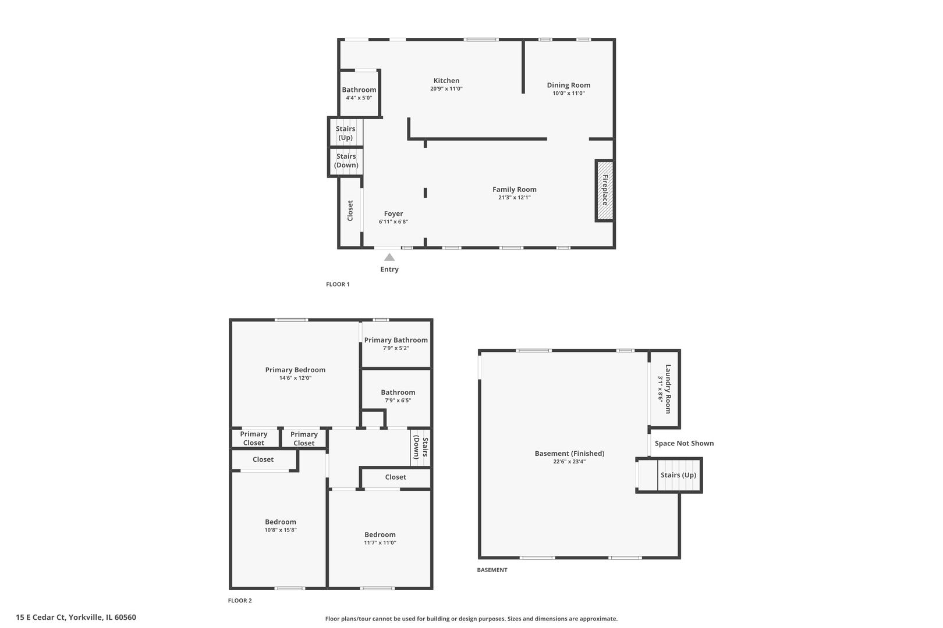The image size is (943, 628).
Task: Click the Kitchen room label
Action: tap(446, 81)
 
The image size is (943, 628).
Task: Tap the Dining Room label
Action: tap(568, 85)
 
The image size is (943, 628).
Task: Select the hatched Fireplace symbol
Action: tap(604, 190)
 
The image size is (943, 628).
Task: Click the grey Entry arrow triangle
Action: tap(389, 257)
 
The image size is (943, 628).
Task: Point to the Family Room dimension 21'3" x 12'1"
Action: tap(514, 198)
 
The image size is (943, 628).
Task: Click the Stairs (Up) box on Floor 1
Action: tap(346, 133)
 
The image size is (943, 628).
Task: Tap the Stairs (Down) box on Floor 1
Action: tap(346, 161)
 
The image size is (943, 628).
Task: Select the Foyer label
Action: tap(393, 213)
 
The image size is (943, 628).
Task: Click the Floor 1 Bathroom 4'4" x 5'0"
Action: tap(359, 93)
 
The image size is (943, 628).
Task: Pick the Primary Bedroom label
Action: tap(295, 370)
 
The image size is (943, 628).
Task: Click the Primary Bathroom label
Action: tap(396, 340)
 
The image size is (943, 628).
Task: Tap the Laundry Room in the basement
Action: tap(665, 389)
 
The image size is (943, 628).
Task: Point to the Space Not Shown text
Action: tap(684, 443)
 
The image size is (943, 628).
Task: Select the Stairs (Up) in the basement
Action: tap(678, 475)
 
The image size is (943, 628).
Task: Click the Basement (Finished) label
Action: tap(569, 454)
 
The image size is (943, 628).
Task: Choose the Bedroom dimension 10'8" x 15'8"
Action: tap(281, 530)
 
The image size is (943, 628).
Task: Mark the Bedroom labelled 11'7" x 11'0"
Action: tap(380, 538)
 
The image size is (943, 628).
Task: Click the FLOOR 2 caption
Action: tap(240, 601)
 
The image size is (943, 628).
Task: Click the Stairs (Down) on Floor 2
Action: tap(420, 448)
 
